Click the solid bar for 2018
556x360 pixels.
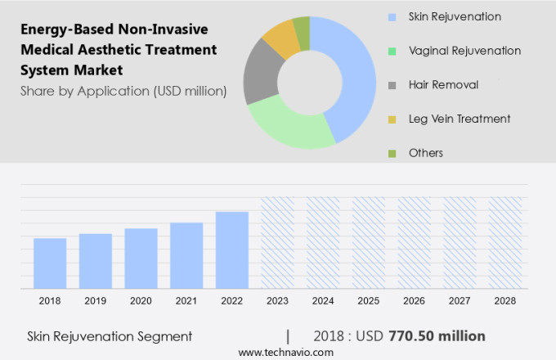pos(50,263)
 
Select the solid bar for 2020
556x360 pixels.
pos(141,258)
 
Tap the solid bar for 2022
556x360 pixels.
pos(232,250)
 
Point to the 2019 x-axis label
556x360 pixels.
pos(96,301)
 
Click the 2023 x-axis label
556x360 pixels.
pos(277,301)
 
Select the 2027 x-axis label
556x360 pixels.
pos(460,301)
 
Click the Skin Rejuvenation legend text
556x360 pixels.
pos(455,16)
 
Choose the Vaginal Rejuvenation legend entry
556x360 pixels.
pos(464,51)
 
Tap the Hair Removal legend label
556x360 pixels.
pos(443,85)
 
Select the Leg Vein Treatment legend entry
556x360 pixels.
pos(460,119)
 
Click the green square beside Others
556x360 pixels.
pos(391,153)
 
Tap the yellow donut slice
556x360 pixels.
pos(282,37)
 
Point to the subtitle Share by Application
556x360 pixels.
pos(123,91)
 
